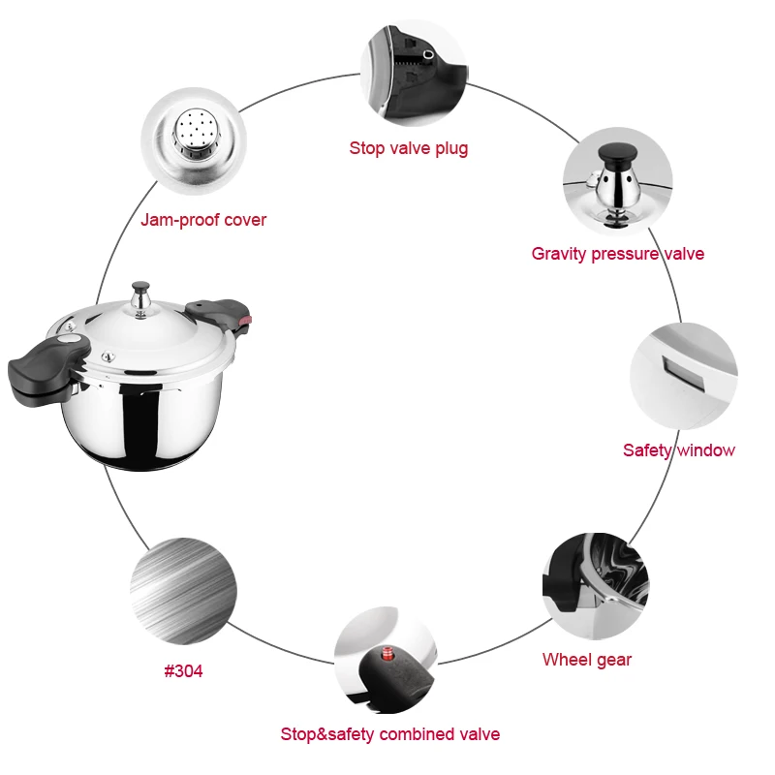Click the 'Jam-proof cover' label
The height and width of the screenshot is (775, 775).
[x=203, y=220]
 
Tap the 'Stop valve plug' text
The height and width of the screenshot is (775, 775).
[x=408, y=148]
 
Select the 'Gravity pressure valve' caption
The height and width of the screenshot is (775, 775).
[x=617, y=254]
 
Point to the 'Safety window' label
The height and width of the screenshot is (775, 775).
[x=678, y=449]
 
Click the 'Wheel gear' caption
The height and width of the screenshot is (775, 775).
[x=586, y=660]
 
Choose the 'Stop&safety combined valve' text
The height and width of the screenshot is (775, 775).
[x=389, y=734]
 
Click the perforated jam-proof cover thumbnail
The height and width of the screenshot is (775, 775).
[x=192, y=139]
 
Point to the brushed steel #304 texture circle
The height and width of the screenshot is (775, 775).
[x=183, y=591]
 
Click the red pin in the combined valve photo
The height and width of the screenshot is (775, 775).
[x=389, y=650]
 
